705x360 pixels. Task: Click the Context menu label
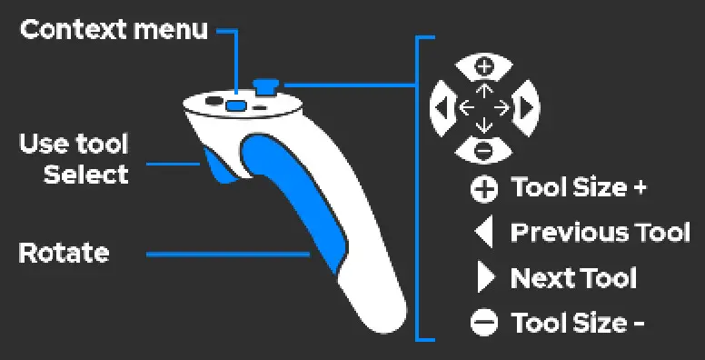114,30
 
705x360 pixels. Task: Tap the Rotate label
64,253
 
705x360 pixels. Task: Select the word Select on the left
86,174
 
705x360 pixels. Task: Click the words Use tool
74,143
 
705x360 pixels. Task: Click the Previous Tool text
601,232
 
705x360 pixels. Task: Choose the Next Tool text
574,277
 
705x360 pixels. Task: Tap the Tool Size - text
578,323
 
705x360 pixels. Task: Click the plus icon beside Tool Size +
484,189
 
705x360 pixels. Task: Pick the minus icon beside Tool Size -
484,324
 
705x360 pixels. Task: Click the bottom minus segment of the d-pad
484,148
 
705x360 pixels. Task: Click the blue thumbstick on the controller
267,86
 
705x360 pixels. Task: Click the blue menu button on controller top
236,105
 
